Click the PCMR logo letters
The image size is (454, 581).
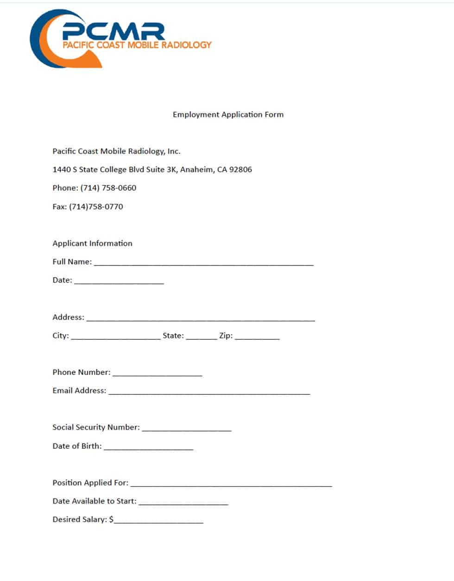coord(113,32)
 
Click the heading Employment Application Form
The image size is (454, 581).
coord(228,115)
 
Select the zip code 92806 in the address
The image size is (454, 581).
coord(240,169)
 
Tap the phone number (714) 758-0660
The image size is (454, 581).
coord(108,188)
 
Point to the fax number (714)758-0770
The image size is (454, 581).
coord(96,207)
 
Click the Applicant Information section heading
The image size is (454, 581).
coord(92,243)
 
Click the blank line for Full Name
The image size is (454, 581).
coord(203,263)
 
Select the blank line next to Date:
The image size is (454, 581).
coord(119,282)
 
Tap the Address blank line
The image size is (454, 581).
coord(201,319)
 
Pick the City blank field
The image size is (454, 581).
coord(116,337)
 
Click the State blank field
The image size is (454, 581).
coord(202,337)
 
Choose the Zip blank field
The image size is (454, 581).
coord(257,337)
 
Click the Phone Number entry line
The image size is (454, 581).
coord(158,374)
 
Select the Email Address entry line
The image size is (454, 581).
coord(209,392)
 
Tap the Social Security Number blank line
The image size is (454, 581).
coord(187,429)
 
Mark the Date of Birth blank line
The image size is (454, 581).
coord(148,447)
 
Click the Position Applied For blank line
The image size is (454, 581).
coord(231,484)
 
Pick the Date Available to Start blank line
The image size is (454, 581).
coord(183,503)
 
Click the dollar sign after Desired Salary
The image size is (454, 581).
coord(111,520)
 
